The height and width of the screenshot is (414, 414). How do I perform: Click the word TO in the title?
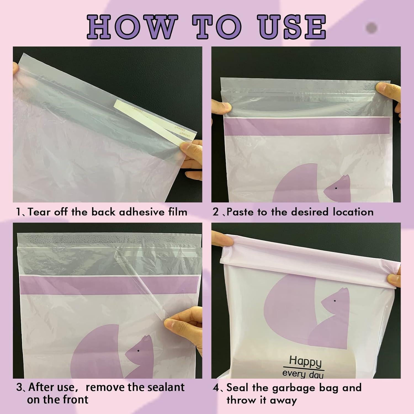click(217, 27)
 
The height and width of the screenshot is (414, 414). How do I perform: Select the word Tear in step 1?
click(40, 212)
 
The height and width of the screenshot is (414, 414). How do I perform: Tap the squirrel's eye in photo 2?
click(336, 188)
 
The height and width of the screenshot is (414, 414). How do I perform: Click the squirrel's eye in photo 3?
click(138, 351)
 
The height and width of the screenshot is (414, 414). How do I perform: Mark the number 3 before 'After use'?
click(19, 388)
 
